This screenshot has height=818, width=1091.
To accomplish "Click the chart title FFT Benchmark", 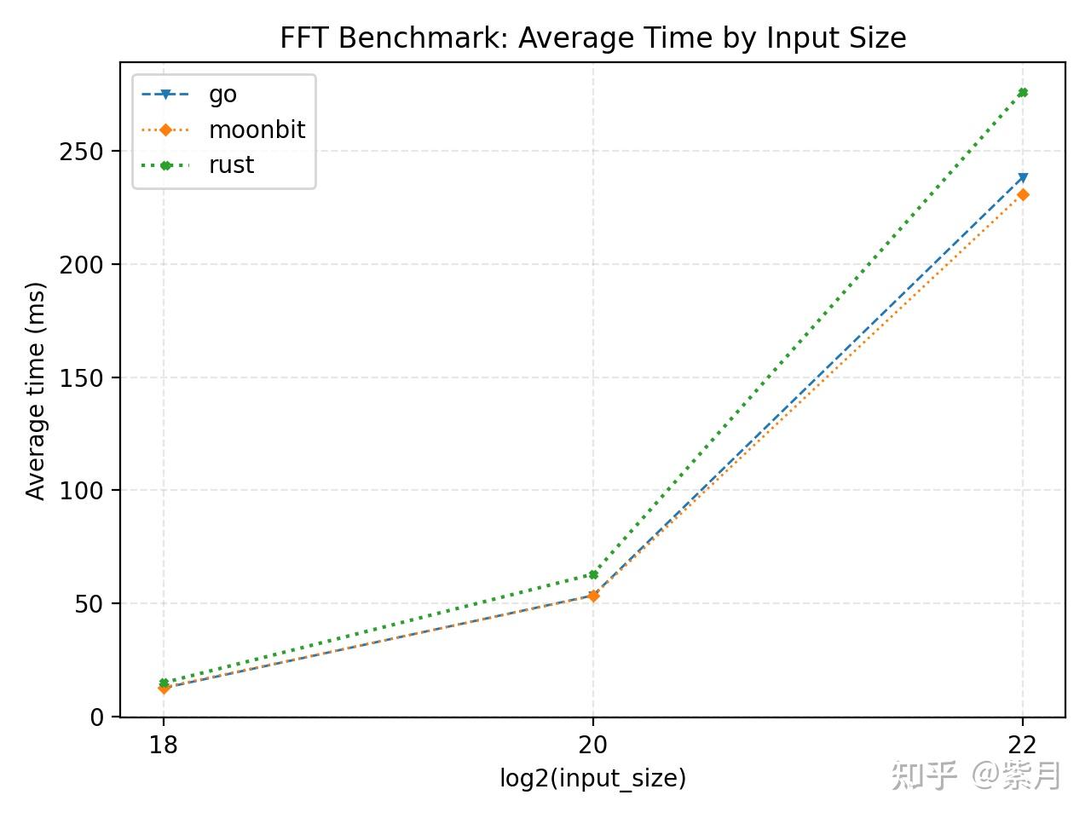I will [592, 38].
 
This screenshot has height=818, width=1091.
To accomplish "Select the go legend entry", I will [222, 95].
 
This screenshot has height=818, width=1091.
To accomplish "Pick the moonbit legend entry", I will [257, 130].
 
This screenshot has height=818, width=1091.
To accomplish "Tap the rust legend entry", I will [231, 164].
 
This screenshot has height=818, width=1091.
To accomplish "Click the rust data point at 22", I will [1023, 92].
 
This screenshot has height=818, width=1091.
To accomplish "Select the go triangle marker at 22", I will [1023, 178].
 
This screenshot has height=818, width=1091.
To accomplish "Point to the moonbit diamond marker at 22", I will [1023, 195].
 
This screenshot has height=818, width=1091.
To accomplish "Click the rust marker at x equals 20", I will [593, 575].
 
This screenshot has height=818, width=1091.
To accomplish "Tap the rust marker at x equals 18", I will [164, 683].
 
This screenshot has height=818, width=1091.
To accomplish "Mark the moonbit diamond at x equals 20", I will [593, 596].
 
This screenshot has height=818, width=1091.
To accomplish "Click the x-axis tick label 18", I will [164, 746].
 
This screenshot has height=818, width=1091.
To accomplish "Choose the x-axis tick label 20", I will [593, 746].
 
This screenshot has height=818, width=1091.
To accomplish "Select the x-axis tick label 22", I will [1023, 746].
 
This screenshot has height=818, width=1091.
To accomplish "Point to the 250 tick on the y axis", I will [82, 152].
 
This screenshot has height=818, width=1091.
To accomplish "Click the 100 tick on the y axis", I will [82, 491].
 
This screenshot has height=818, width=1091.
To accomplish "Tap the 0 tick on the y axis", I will [96, 717].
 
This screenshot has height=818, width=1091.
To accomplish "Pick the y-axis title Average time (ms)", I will [35, 390].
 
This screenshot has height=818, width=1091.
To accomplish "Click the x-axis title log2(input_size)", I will [592, 778].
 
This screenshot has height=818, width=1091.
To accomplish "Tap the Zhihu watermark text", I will [976, 775].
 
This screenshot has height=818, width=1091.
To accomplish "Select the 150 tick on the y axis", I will [82, 377].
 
